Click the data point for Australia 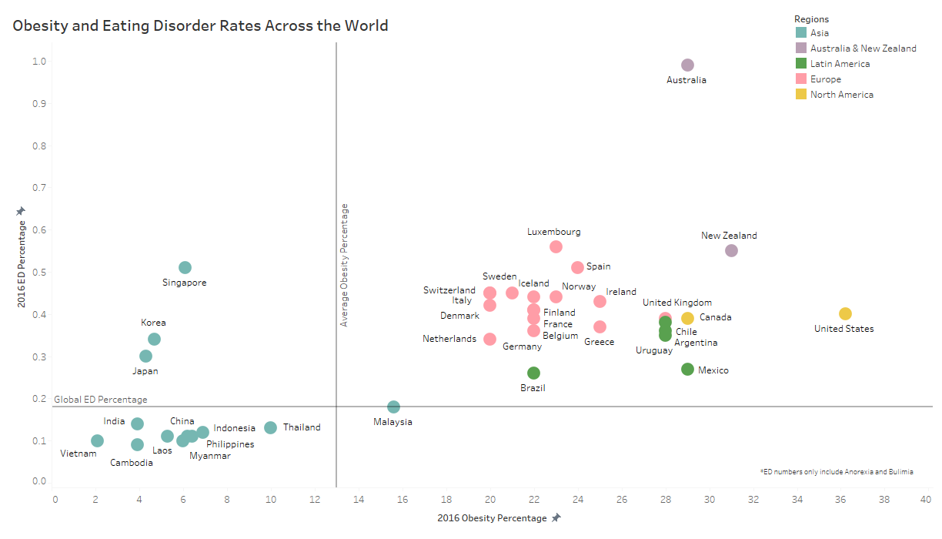click(x=687, y=65)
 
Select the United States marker click(x=845, y=313)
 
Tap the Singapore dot click(x=185, y=267)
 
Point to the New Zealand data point click(x=731, y=250)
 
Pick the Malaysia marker click(x=393, y=407)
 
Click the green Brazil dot click(x=533, y=373)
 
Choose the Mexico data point click(x=687, y=369)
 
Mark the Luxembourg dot click(x=556, y=246)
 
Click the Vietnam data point click(x=97, y=440)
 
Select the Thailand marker click(x=270, y=427)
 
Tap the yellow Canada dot click(x=687, y=318)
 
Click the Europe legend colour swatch click(x=800, y=79)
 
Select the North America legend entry click(x=841, y=95)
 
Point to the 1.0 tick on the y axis click(x=38, y=62)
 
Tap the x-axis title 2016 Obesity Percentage click(x=492, y=517)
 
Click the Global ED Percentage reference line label click(x=100, y=400)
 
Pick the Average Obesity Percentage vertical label click(x=345, y=265)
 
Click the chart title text click(x=200, y=25)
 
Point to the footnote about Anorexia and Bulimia click(x=836, y=471)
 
